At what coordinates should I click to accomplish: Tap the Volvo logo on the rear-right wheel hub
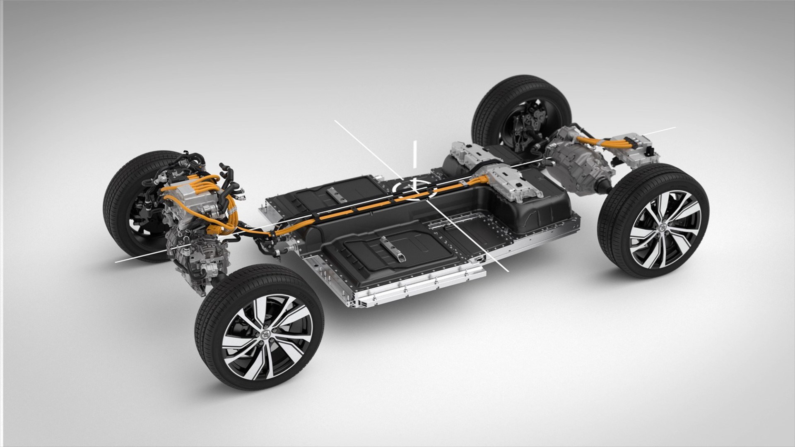point(660,228)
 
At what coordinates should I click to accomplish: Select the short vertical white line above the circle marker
point(414,154)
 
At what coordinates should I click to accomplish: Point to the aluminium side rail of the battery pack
point(418,286)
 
